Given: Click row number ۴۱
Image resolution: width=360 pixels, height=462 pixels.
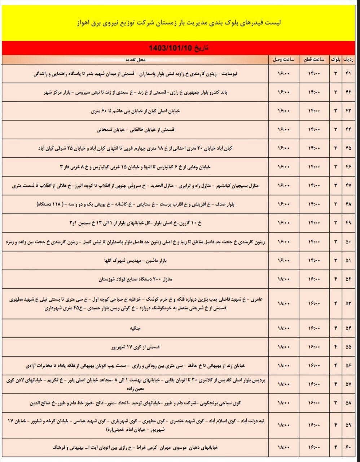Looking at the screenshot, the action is [348, 74].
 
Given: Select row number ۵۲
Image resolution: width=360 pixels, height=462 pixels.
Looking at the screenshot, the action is [348, 279].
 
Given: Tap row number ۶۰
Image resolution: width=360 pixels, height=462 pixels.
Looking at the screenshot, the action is [348, 448].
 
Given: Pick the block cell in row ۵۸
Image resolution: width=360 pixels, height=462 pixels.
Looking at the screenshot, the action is [335, 403].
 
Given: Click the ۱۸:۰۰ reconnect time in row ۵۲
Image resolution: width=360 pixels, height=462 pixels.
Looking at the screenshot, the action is [284, 279].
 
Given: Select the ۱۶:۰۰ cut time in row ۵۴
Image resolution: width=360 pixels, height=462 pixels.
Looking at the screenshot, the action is [314, 328].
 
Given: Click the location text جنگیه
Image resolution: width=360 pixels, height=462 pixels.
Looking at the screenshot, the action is [135, 328].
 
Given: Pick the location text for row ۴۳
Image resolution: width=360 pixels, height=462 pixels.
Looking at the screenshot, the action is [135, 111].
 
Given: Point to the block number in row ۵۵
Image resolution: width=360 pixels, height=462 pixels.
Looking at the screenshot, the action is [335, 347].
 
